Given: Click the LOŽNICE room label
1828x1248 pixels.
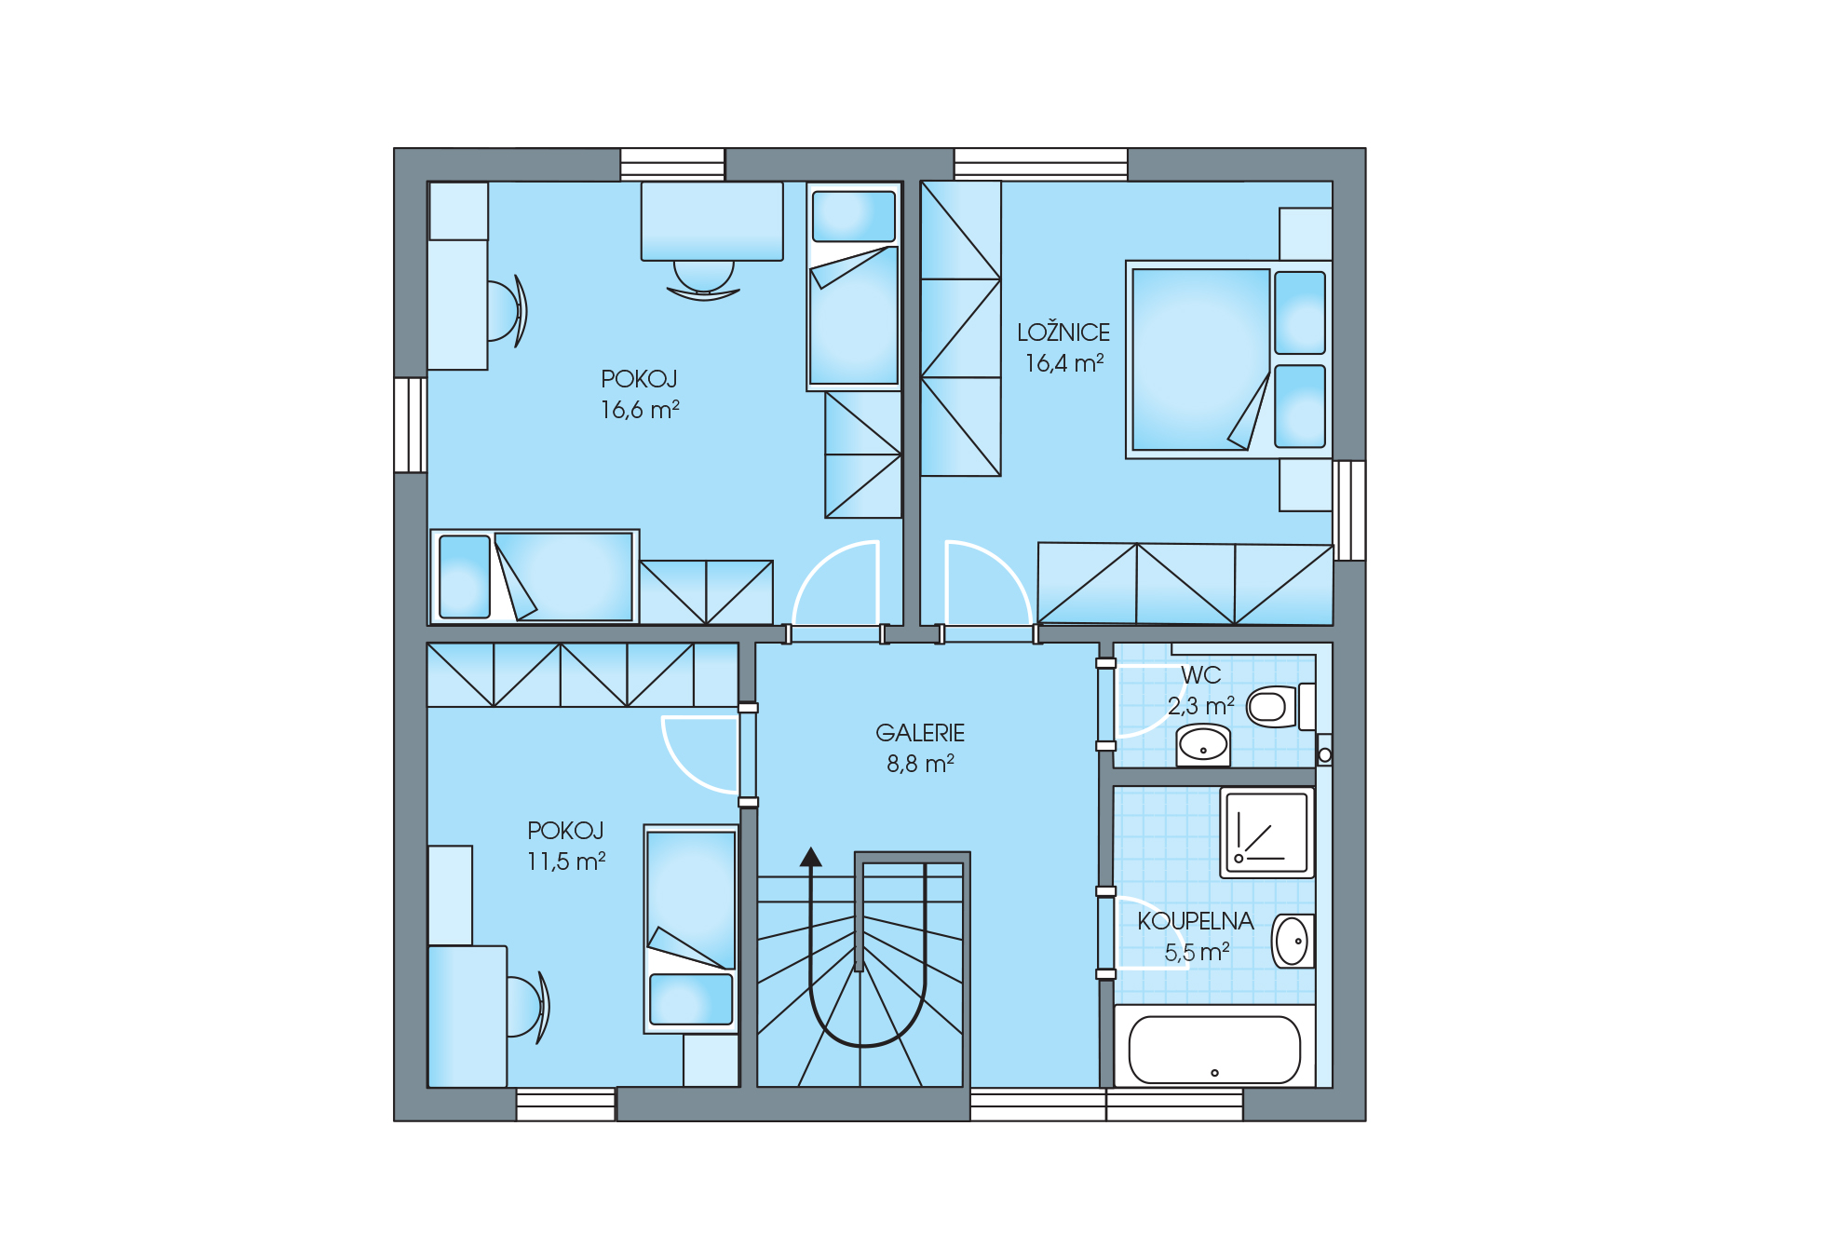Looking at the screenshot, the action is click(1063, 332).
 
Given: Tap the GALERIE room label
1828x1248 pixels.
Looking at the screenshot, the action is click(920, 733).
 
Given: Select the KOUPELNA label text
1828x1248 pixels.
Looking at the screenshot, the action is click(1196, 921).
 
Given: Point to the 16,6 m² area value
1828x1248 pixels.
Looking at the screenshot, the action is click(640, 410).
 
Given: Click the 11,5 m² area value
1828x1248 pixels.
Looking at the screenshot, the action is click(566, 861).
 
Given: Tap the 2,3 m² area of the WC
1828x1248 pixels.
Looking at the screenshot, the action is click(1201, 706).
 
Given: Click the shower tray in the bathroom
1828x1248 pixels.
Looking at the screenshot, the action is click(1266, 833).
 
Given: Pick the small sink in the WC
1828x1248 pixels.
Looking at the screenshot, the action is click(1203, 745).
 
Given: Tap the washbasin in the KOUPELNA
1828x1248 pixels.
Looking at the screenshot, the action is click(1293, 941).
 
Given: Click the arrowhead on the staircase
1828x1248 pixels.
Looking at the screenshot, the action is click(811, 857).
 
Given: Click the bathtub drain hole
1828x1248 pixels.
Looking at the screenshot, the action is click(1214, 1073).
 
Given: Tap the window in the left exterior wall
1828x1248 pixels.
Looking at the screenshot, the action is click(410, 425).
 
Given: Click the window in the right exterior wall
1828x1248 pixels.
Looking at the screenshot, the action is click(1349, 510).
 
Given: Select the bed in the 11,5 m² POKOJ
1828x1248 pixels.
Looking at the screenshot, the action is click(691, 929).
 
